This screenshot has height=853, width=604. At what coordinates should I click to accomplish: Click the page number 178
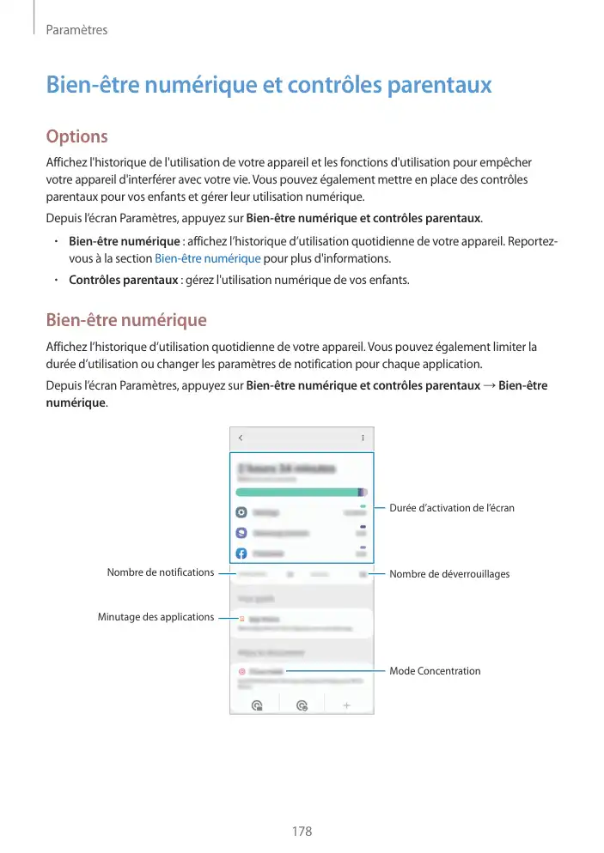302,832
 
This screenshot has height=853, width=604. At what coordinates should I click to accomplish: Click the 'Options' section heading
76,136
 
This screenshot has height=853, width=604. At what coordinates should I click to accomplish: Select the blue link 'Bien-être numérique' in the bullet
207,258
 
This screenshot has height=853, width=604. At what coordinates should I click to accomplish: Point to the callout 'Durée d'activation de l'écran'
452,508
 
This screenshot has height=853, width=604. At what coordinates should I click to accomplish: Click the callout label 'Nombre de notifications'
161,572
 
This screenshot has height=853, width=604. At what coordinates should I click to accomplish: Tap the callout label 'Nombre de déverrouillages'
449,573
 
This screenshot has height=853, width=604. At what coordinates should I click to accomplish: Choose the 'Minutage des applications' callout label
156,616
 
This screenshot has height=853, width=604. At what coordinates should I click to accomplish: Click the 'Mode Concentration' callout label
435,670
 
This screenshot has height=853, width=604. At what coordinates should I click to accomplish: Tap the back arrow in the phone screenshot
241,438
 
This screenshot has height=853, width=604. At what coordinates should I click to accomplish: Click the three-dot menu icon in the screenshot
362,438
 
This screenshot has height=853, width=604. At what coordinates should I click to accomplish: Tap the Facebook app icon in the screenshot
242,554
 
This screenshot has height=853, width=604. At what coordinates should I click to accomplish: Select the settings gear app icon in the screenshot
242,511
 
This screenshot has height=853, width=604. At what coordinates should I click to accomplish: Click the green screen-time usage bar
299,492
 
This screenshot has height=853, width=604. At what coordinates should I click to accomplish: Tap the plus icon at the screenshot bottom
347,705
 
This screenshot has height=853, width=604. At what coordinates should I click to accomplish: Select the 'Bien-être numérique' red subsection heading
125,320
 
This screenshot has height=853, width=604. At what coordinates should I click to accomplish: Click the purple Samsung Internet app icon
242,532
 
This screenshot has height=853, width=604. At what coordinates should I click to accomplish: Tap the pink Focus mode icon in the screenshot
242,671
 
